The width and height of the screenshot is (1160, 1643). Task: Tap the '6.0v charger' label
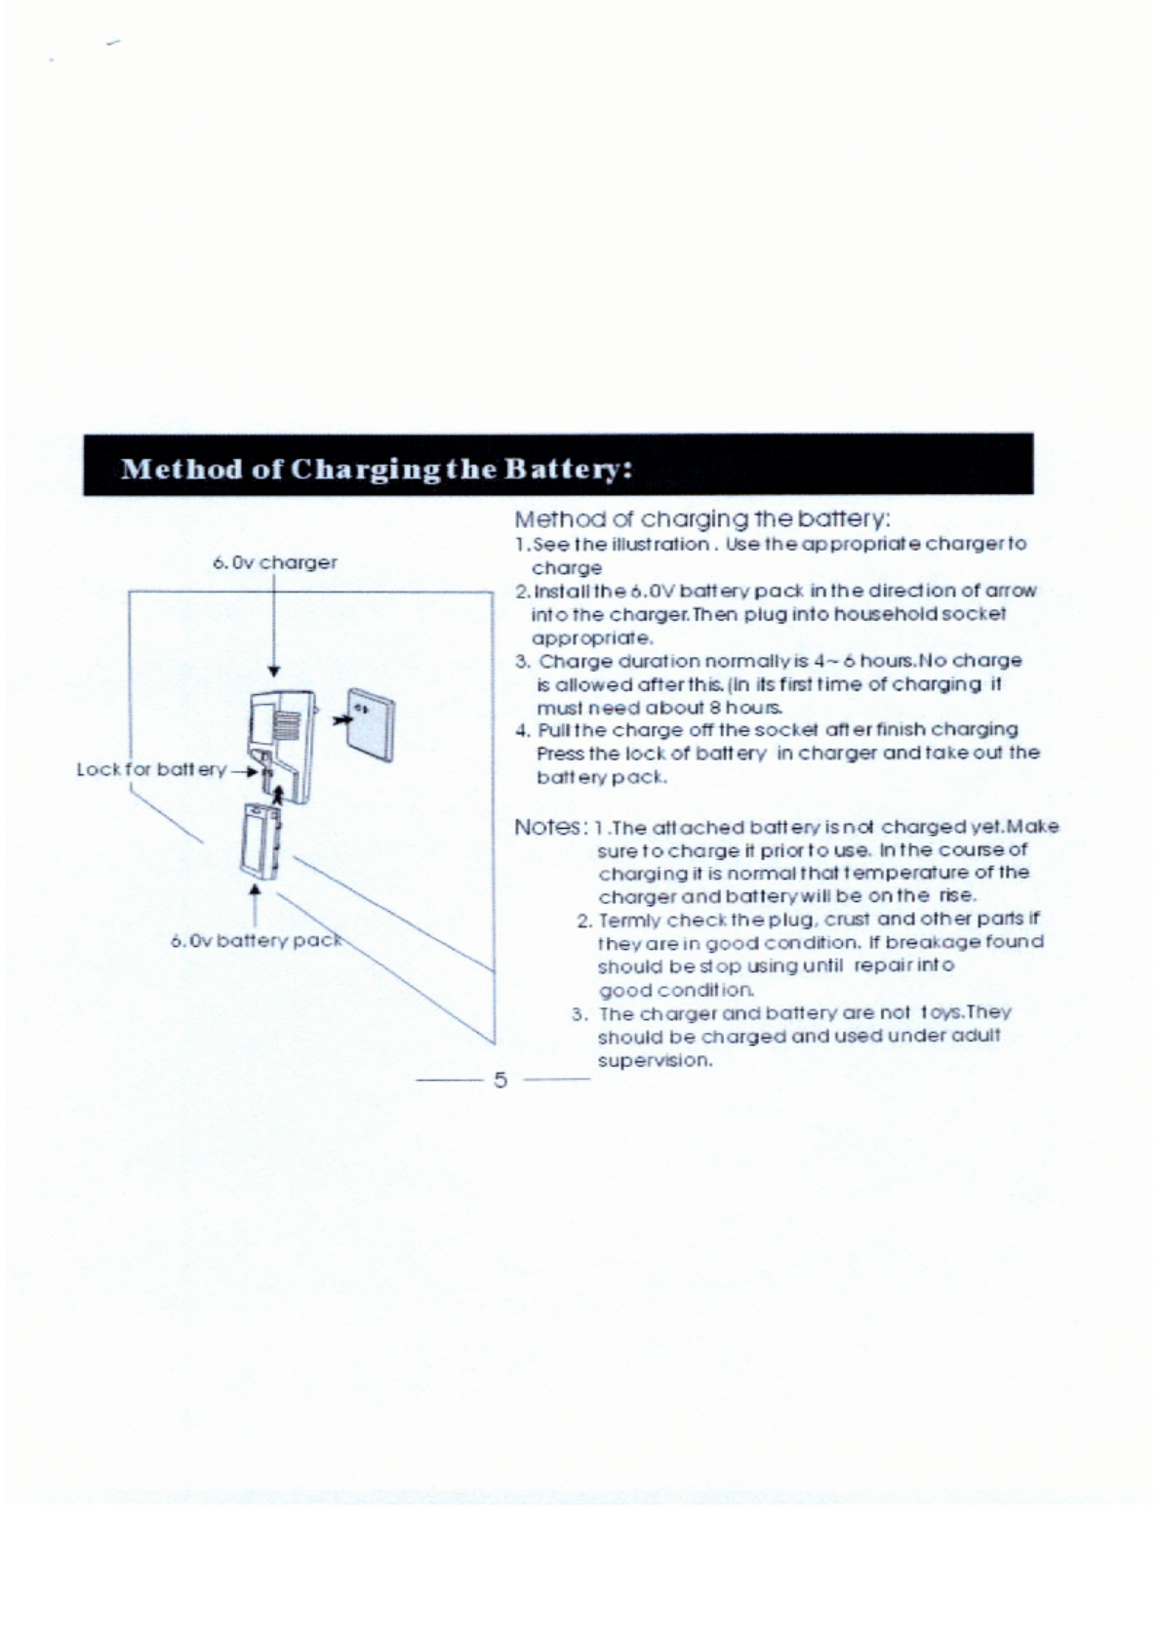274,562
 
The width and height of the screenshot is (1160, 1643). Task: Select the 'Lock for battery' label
151,769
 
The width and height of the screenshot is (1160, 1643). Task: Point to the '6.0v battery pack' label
257,941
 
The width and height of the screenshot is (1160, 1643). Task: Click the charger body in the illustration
283,737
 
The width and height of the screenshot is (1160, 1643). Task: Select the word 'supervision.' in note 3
655,1060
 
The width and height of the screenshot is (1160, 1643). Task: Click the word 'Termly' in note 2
629,920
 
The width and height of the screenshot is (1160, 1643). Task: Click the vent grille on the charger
285,724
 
